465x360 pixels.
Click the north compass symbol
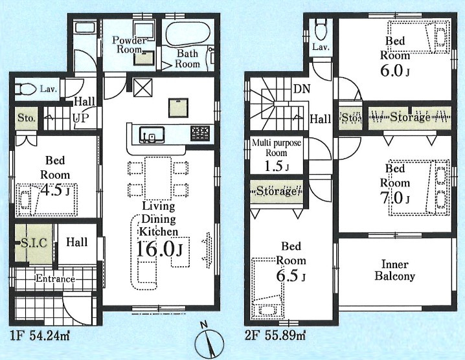(209, 341)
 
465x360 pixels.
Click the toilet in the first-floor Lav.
(26, 89)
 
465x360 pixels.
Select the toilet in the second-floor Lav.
(321, 29)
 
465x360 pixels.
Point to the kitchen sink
(152, 135)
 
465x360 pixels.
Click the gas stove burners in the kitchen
(200, 133)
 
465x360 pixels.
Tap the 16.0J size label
(159, 249)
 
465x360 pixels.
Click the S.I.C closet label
(34, 243)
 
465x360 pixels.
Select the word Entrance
(55, 279)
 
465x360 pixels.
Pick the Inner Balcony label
(394, 270)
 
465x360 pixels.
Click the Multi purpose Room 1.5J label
(277, 155)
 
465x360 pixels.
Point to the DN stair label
(301, 89)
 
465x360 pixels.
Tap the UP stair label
(81, 118)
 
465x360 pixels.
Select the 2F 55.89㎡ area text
(275, 335)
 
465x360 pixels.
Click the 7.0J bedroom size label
(395, 197)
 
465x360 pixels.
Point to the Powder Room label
(130, 45)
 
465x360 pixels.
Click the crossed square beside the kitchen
(142, 87)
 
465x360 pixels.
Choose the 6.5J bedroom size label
(291, 276)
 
